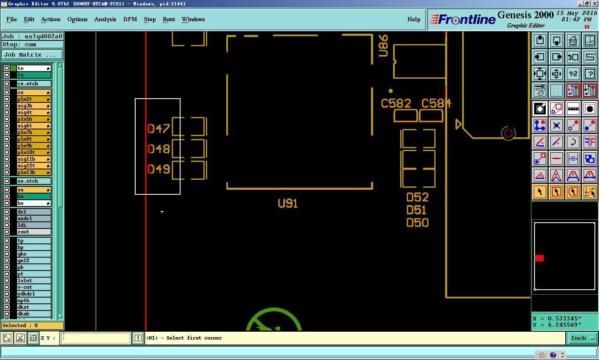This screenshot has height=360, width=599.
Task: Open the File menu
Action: point(12,20)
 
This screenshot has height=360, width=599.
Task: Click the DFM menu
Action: point(130,20)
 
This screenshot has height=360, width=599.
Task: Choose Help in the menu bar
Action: point(413,20)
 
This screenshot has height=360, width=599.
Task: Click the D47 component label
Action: point(158,129)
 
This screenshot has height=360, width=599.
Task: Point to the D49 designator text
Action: point(158,169)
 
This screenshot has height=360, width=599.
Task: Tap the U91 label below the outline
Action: point(288,204)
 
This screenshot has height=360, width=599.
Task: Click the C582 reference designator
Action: point(396,103)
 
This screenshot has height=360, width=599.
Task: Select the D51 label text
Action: point(416,210)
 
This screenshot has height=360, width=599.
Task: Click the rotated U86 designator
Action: point(383,45)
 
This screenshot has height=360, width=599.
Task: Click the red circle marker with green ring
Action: point(508,134)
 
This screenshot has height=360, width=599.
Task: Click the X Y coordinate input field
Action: point(96,338)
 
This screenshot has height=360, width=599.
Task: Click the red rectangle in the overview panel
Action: point(540,258)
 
